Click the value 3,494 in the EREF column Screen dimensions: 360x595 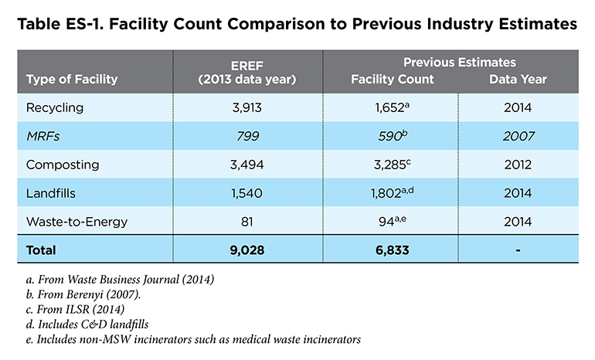click(x=247, y=165)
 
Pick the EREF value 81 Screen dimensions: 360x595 click(x=247, y=221)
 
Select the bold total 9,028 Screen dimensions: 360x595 click(x=247, y=250)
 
